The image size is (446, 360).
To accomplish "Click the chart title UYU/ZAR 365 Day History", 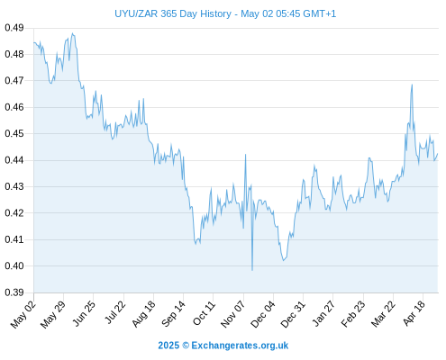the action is coord(173,13).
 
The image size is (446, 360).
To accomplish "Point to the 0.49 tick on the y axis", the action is coord(14,28).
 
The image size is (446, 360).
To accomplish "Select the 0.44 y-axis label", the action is coord(14,160).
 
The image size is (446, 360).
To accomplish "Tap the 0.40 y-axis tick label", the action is coord(14,265).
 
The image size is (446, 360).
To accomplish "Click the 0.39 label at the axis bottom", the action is coord(14,292).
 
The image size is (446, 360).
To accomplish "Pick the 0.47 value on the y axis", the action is coord(14,81).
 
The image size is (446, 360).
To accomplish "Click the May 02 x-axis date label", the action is coord(23,314).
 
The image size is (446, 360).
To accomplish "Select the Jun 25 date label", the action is coord(84,314).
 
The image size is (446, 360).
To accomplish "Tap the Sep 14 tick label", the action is coord(173,314).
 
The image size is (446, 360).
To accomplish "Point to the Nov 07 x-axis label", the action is coord(232,314).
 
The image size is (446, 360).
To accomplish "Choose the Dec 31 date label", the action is coord(293,314).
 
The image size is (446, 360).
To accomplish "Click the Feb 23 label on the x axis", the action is coord(353,314).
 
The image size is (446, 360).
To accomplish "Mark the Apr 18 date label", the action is coord(414,313).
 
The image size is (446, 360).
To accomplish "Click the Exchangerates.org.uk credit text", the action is coord(240,346).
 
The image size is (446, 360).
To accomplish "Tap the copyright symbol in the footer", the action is coord(186,346).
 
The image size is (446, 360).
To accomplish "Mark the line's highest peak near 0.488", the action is coord(72,33).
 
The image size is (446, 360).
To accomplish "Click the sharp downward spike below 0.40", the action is coord(252,270).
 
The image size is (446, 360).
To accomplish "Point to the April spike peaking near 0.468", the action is coord(412,85).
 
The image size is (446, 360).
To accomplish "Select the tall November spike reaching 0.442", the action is coord(245,155).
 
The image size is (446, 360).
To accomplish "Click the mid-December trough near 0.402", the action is coord(283,260).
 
